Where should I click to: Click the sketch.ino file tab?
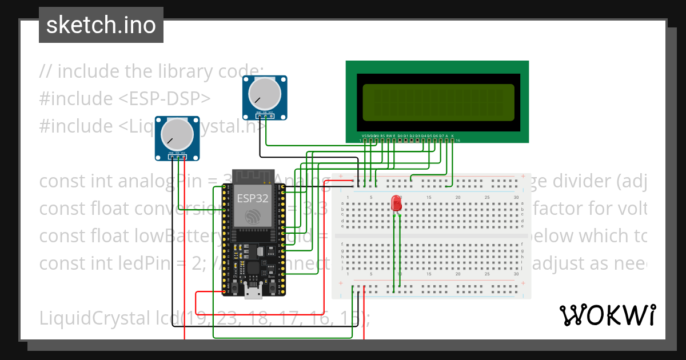(x=101, y=25)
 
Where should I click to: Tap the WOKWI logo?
(x=607, y=315)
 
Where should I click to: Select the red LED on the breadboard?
(x=396, y=203)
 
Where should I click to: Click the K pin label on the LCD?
(x=452, y=136)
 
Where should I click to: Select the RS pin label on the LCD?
(x=382, y=136)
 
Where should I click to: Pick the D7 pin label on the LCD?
(x=441, y=136)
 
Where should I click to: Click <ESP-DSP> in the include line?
(x=164, y=99)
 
